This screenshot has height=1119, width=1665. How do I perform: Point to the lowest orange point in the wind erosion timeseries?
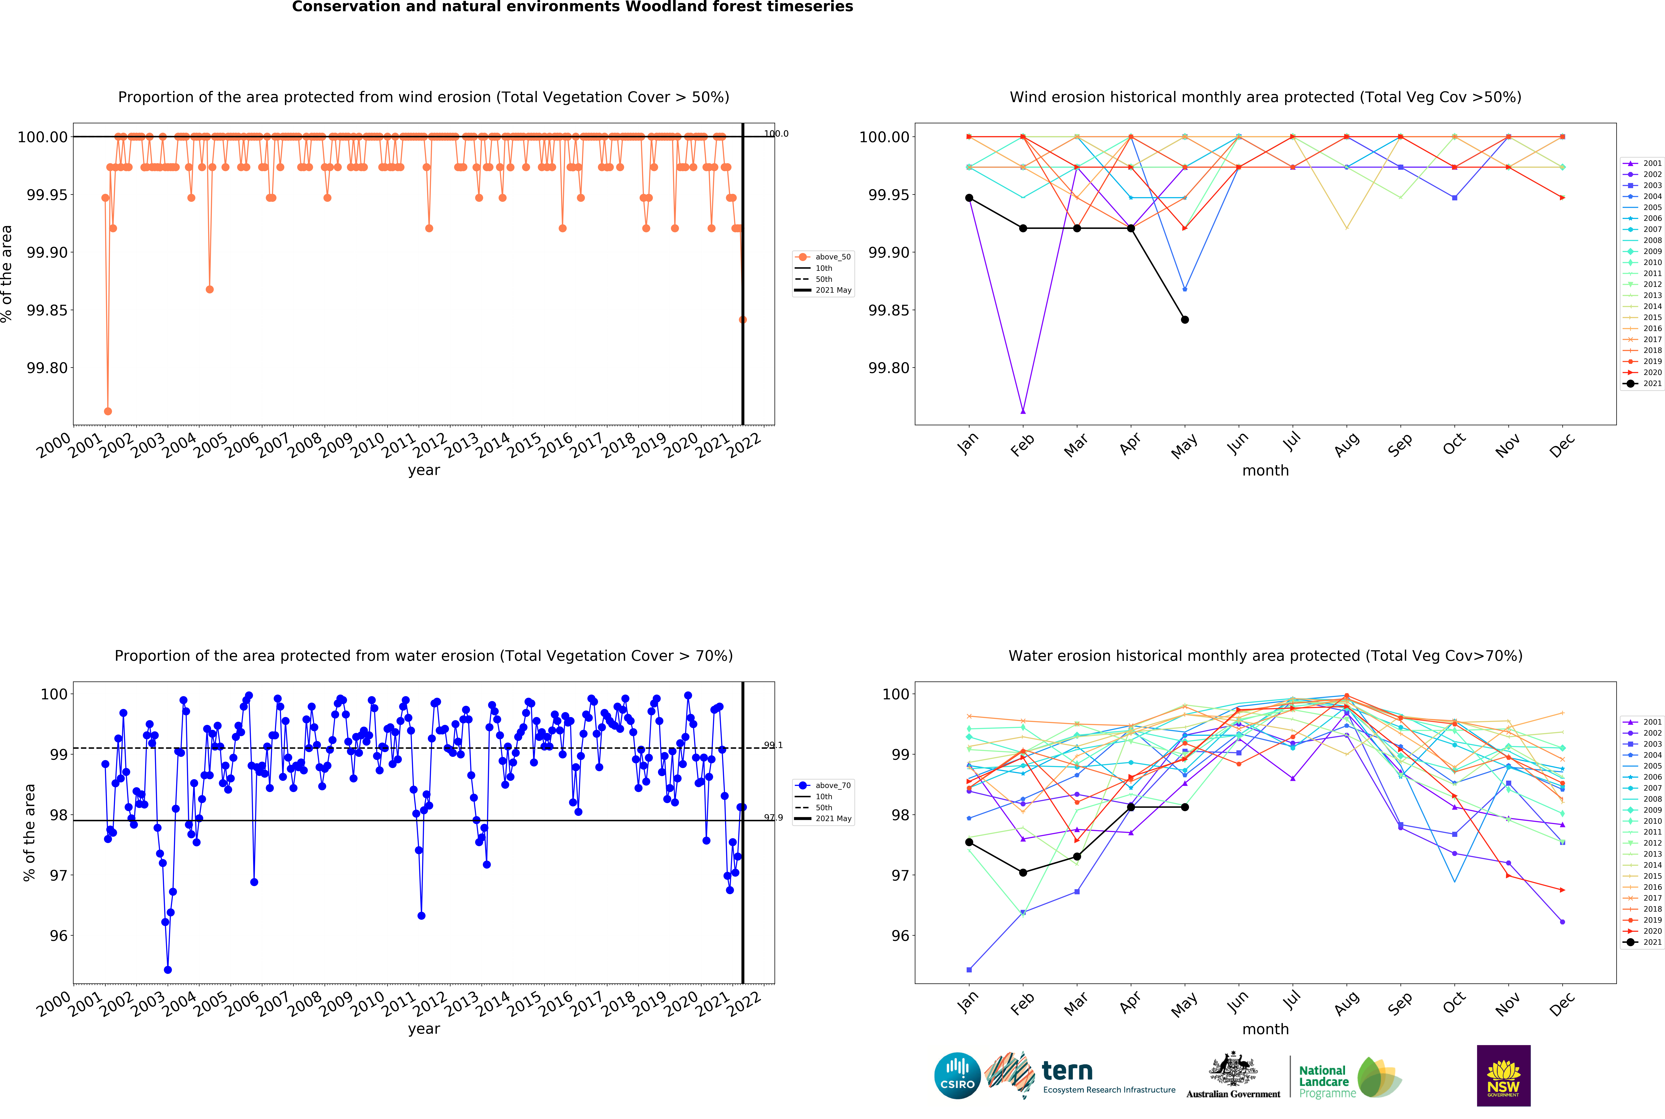(x=108, y=411)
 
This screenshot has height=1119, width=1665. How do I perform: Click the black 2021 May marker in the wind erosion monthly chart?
(x=1185, y=320)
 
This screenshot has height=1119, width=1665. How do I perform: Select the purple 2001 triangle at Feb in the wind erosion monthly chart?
(x=1023, y=411)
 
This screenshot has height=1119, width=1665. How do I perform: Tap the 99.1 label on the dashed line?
(x=773, y=745)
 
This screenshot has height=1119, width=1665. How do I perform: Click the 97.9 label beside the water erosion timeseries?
(x=773, y=818)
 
